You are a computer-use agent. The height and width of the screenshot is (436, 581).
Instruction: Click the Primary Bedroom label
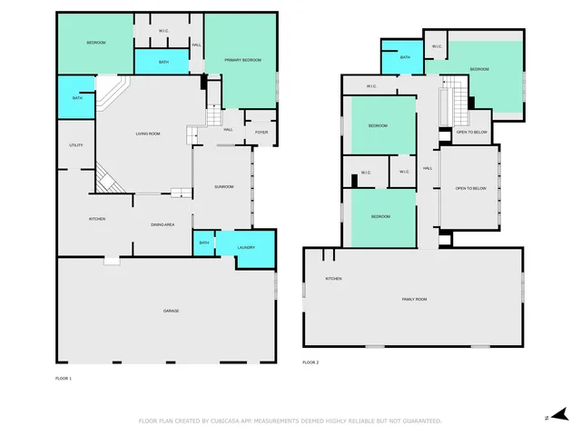[x=242, y=60]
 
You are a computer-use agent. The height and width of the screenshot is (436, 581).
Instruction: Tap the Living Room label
[x=148, y=134]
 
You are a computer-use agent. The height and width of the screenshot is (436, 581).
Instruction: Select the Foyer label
[x=261, y=133]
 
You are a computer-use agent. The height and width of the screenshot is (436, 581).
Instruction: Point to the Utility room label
[x=76, y=145]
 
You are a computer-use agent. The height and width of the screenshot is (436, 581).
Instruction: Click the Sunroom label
[x=223, y=187]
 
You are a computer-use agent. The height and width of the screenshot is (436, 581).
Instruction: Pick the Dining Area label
[x=162, y=224]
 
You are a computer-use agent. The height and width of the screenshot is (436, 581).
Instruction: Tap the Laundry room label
[x=246, y=248]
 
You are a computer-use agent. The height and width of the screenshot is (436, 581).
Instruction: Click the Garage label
[x=171, y=311]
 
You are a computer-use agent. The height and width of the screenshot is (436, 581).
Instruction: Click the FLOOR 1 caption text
[x=64, y=377]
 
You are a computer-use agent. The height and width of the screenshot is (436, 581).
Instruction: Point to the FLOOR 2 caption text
[x=310, y=362]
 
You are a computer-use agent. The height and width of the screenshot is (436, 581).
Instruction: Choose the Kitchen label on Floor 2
[x=333, y=278]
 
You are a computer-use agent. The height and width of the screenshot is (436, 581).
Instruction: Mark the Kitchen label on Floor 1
[x=97, y=219]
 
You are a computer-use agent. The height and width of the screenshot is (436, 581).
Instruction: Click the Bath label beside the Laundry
[x=203, y=243]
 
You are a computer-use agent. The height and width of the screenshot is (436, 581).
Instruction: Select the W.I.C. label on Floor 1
[x=163, y=31]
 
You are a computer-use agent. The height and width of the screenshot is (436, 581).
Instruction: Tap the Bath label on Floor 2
[x=405, y=58]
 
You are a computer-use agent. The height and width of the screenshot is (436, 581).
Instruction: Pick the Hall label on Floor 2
[x=427, y=168]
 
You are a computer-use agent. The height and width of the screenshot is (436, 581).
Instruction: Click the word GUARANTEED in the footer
[x=418, y=421]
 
